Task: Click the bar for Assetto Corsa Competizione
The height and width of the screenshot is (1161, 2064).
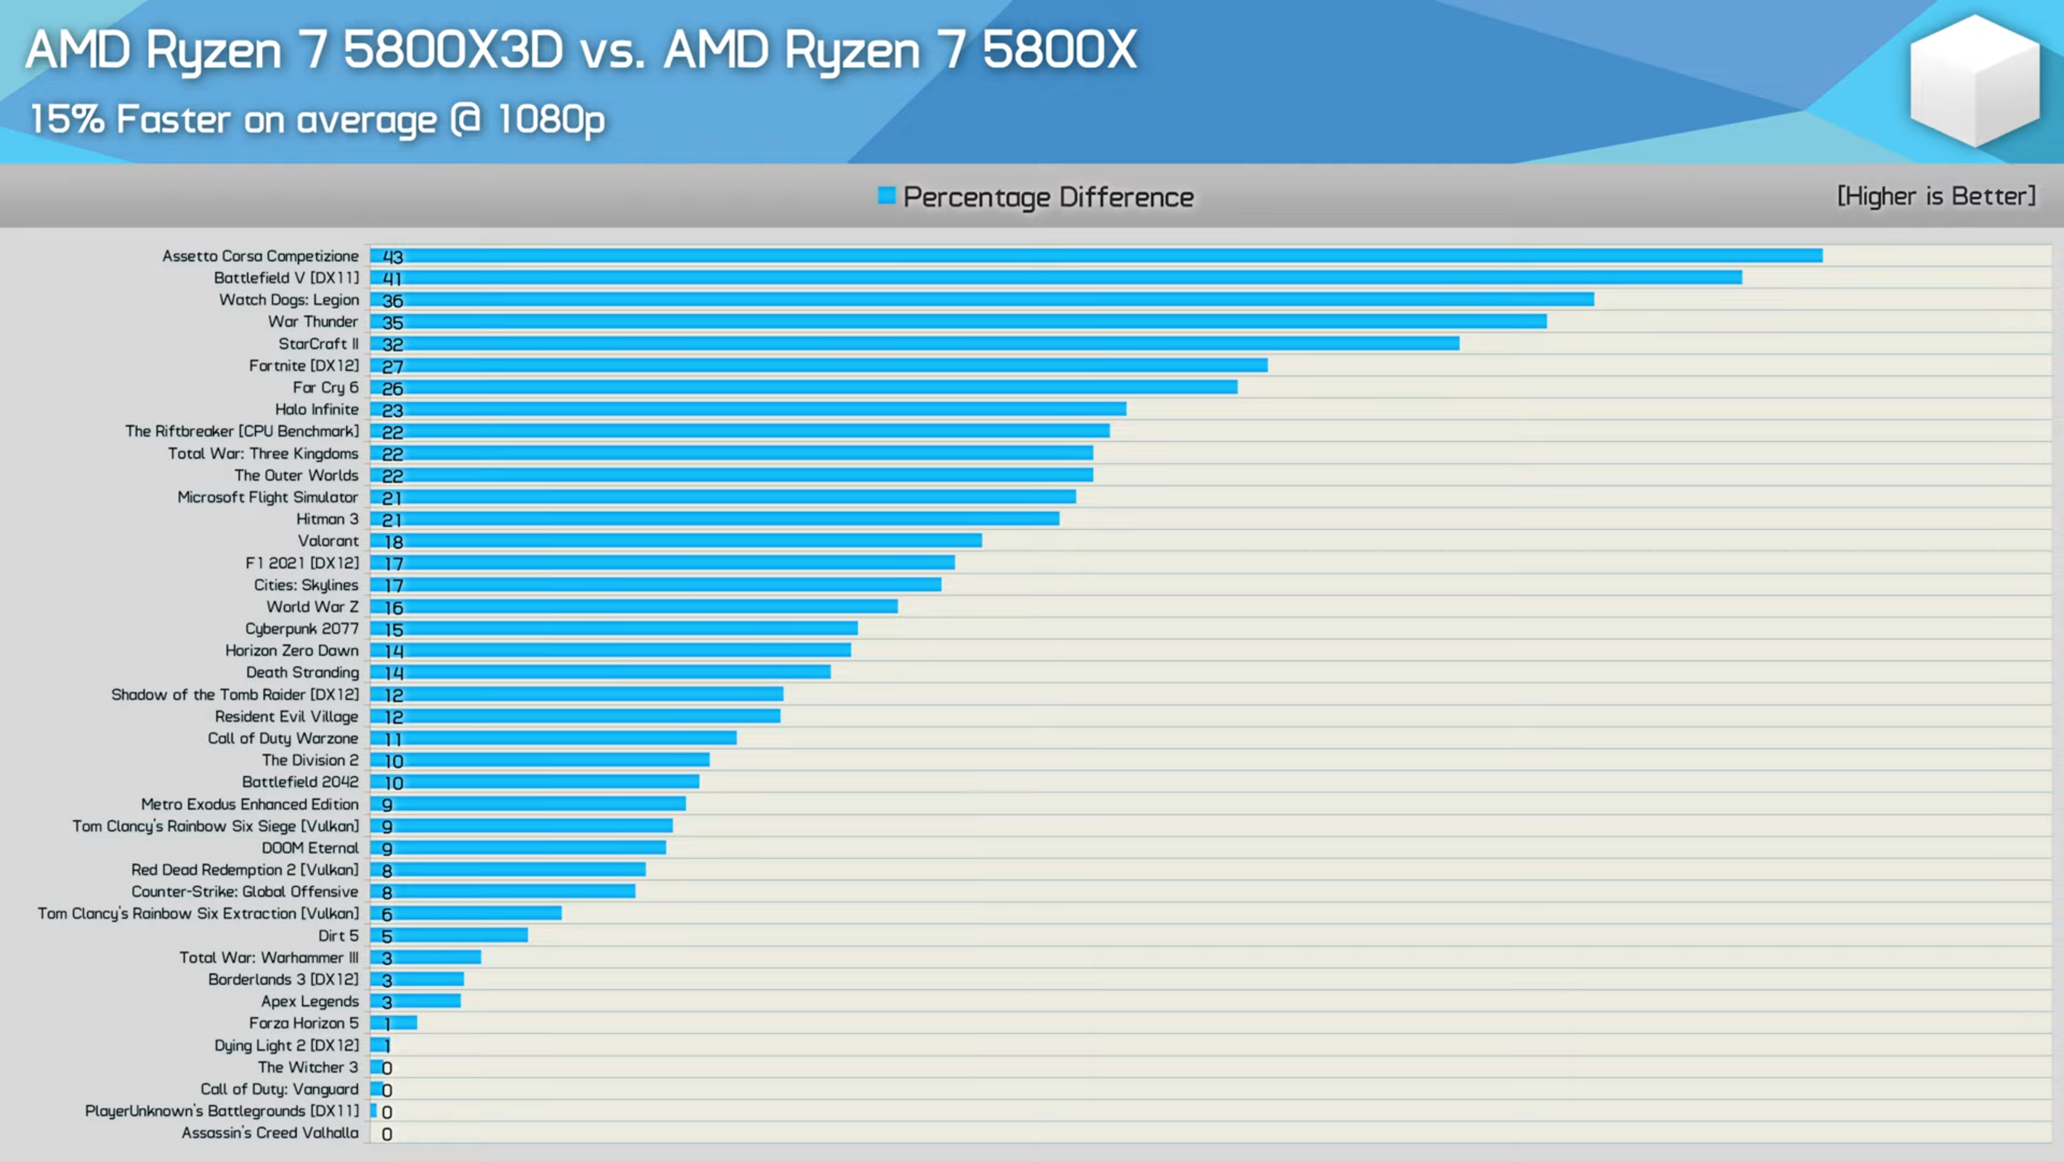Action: [1096, 256]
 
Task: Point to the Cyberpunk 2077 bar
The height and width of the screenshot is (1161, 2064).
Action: [614, 628]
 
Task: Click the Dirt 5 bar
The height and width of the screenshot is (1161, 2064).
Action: [449, 935]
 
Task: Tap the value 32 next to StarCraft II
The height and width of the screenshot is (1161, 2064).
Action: [392, 345]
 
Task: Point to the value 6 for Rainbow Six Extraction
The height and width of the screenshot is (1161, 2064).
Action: [387, 914]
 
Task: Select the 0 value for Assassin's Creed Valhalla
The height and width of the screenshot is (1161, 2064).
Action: [387, 1134]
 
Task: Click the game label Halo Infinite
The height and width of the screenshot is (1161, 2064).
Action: [317, 410]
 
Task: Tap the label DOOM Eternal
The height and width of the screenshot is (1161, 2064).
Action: [310, 848]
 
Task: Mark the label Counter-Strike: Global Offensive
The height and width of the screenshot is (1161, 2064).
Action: [245, 892]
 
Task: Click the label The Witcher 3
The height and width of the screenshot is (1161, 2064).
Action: [307, 1067]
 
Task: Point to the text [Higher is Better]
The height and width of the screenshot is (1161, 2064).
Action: [1936, 196]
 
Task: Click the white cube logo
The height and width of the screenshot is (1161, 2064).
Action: [1974, 80]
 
